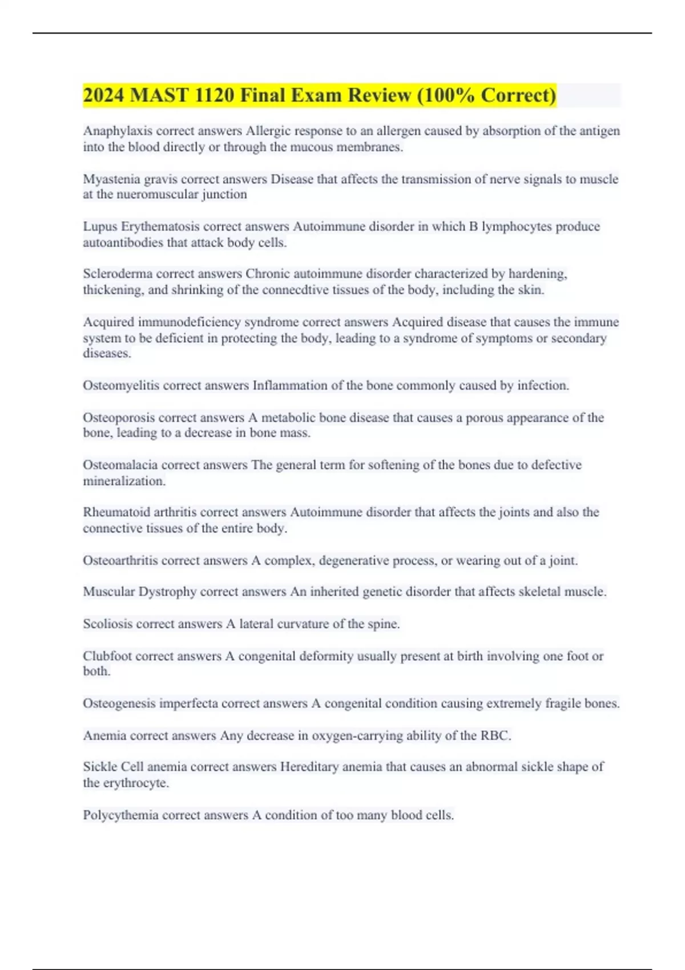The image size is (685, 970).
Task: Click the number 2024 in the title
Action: tap(104, 95)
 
